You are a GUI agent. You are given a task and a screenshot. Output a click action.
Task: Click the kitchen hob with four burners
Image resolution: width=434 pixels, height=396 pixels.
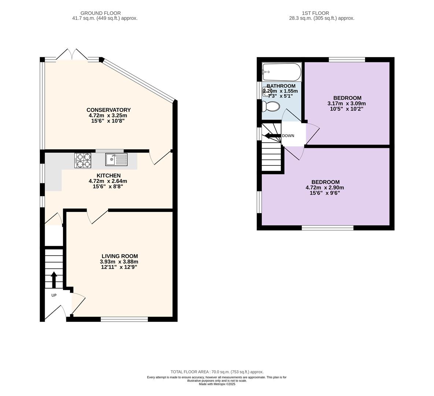[83, 161]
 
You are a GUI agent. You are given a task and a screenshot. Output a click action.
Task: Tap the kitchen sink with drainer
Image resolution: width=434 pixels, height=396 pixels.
[116, 159]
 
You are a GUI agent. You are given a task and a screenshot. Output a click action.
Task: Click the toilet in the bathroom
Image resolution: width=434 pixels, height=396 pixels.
[271, 106]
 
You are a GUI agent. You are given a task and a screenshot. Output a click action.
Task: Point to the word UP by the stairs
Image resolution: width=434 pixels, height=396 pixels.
[54, 295]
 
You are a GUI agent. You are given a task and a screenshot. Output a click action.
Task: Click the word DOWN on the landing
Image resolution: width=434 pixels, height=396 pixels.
[288, 136]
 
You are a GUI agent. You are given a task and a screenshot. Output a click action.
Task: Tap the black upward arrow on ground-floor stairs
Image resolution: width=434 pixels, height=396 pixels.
[54, 280]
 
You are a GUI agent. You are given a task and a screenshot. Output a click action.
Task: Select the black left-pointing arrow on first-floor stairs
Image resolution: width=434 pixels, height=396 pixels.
[273, 136]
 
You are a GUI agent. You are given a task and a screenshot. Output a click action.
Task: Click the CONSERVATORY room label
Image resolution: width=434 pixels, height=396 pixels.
[108, 110]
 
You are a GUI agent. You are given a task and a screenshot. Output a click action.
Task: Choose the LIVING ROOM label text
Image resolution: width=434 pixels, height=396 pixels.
[119, 256]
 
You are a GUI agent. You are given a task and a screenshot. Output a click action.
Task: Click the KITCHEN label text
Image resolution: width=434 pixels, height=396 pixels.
[108, 176]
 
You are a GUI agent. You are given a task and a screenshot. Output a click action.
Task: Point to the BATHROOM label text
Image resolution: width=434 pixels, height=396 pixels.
[281, 86]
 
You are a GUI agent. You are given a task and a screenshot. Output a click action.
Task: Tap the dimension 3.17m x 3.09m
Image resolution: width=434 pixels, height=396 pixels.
[346, 103]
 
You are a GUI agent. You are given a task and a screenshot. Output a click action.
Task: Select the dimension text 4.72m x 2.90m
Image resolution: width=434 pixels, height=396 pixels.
[325, 187]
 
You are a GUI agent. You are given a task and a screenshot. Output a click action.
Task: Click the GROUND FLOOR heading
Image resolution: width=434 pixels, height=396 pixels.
[100, 13]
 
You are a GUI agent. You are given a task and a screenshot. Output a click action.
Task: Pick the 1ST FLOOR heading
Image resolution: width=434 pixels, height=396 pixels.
[315, 13]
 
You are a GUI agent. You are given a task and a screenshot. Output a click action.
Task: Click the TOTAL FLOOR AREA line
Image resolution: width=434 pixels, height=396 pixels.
[217, 372]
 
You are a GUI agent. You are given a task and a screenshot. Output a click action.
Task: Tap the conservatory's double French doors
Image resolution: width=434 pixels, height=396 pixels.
[72, 55]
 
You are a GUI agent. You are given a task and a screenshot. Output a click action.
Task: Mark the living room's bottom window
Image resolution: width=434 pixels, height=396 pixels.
[124, 319]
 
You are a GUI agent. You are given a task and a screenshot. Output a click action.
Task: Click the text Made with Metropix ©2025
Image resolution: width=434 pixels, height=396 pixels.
[217, 384]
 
